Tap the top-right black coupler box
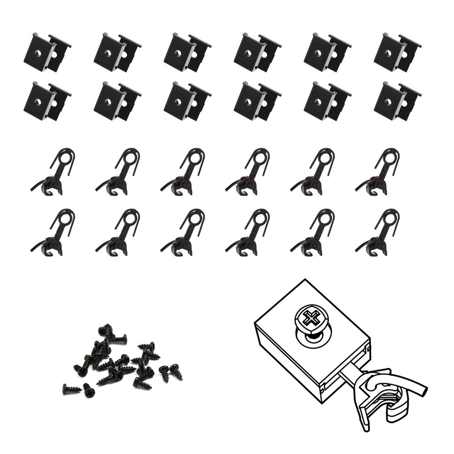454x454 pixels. [x=396, y=53]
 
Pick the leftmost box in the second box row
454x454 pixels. [x=46, y=101]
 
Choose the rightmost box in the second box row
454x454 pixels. [x=396, y=101]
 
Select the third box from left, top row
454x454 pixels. [x=186, y=53]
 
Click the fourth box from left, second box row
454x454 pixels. [x=257, y=101]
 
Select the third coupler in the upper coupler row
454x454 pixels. [x=184, y=173]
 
